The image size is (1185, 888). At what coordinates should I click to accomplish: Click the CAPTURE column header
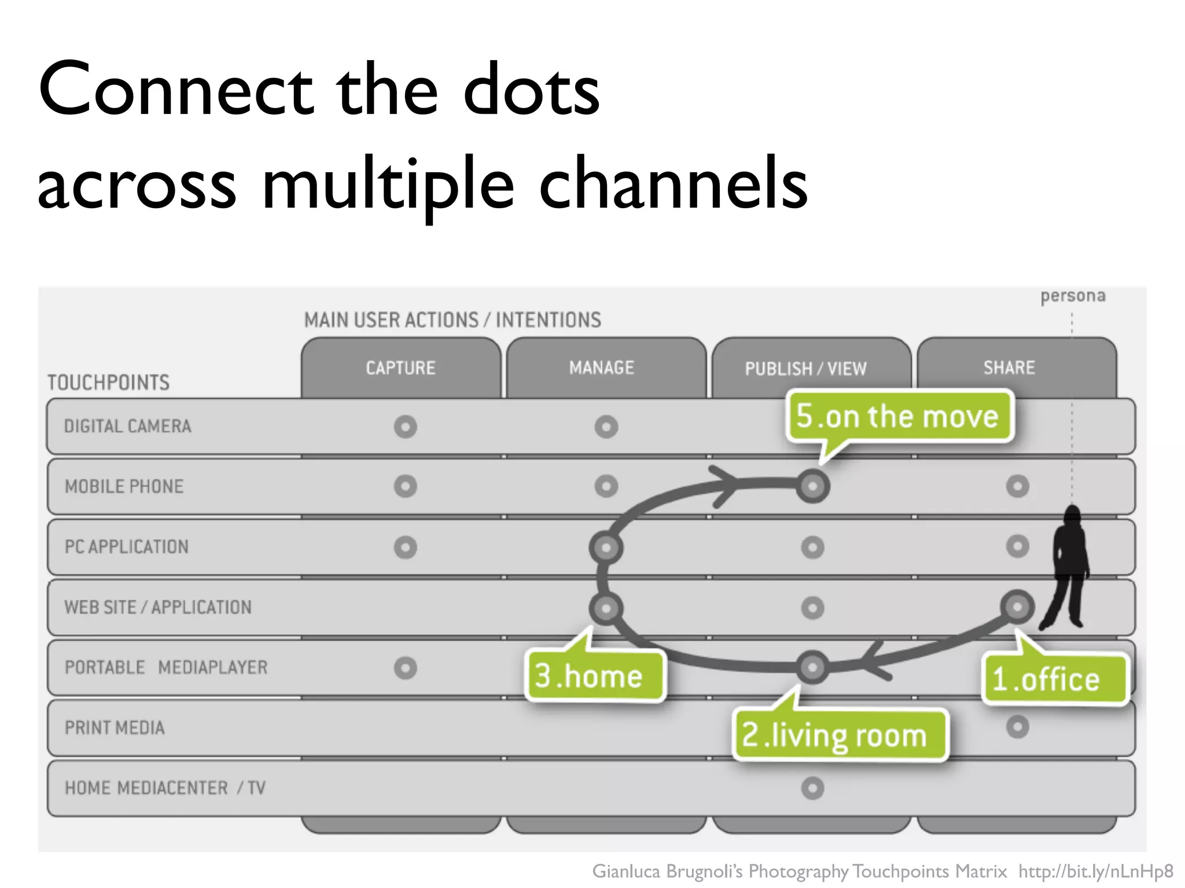pos(400,368)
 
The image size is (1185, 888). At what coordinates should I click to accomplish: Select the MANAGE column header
pos(602,368)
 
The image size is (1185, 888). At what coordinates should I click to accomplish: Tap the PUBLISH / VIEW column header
pos(805,369)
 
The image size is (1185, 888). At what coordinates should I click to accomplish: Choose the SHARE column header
pos(1009,368)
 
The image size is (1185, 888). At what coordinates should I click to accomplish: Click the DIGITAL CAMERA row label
pos(128,427)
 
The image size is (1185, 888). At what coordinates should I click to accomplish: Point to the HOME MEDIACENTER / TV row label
pos(165,788)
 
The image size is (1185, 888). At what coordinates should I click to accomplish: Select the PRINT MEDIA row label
pos(115,727)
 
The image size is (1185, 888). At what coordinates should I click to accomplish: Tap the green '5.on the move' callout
pos(897,416)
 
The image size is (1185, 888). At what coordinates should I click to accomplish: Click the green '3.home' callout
pos(594,676)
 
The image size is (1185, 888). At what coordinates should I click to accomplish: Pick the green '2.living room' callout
pos(839,735)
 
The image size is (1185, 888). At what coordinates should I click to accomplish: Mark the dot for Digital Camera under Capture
pos(405,427)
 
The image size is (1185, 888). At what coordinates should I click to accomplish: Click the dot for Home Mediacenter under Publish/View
pos(812,788)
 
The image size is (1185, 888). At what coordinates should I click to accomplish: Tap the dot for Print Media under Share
pos(1017,727)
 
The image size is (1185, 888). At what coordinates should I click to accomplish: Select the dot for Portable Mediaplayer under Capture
pos(405,668)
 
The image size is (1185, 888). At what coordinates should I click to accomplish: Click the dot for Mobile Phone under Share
pos(1017,486)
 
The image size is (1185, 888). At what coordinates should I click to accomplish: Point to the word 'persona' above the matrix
pos(1073,296)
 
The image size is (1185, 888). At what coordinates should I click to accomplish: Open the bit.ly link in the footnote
pos(1096,871)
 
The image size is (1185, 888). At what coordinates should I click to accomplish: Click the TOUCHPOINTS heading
pos(109,383)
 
